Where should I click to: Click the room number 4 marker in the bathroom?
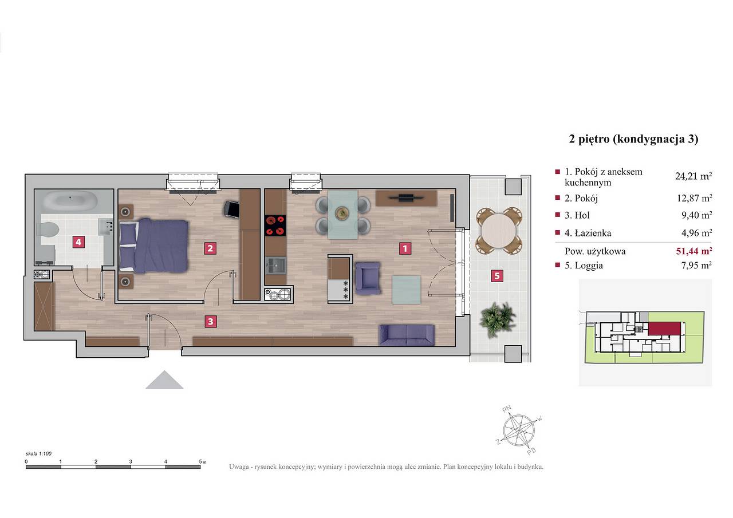(x=78, y=242)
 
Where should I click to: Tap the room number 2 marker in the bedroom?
(x=210, y=248)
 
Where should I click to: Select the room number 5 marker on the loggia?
(x=497, y=276)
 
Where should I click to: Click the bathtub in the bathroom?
(x=70, y=200)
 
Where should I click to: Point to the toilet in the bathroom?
(x=48, y=230)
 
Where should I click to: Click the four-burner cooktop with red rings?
(x=275, y=226)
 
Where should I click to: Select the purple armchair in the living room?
(x=368, y=278)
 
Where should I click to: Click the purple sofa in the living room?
(x=407, y=335)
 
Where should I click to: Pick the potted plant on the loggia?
(x=497, y=319)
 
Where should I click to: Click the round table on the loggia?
(x=499, y=231)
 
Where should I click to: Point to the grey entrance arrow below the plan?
(x=164, y=379)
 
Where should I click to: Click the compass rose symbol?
(x=519, y=430)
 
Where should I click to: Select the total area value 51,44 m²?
(x=694, y=251)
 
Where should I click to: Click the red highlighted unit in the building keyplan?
(x=664, y=329)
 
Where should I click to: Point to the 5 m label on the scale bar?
(x=203, y=461)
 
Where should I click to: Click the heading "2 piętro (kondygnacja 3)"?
(x=634, y=139)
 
